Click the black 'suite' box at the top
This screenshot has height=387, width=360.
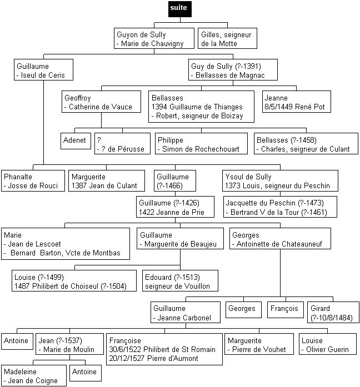click(x=180, y=9)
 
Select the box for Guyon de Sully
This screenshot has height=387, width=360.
click(x=154, y=38)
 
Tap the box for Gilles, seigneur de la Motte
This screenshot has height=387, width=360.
click(x=227, y=38)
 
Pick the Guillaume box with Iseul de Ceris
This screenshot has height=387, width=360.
click(x=43, y=69)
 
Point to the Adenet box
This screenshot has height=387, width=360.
click(x=76, y=141)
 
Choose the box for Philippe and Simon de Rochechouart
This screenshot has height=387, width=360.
click(x=201, y=144)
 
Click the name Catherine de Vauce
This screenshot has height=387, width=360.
click(x=101, y=107)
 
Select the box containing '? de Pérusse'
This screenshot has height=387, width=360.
click(x=122, y=144)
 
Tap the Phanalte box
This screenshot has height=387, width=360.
click(x=33, y=180)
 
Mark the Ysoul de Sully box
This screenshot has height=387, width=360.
click(x=280, y=180)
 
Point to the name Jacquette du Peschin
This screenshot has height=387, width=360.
click(x=261, y=203)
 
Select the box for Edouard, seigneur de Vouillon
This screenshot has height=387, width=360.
click(x=180, y=280)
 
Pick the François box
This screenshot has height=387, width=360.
click(x=286, y=310)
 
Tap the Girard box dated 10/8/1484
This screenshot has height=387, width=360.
click(x=333, y=312)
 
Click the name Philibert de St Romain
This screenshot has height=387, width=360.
click(x=179, y=349)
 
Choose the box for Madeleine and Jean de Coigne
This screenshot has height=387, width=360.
click(x=34, y=375)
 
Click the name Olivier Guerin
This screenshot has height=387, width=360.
click(x=327, y=349)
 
